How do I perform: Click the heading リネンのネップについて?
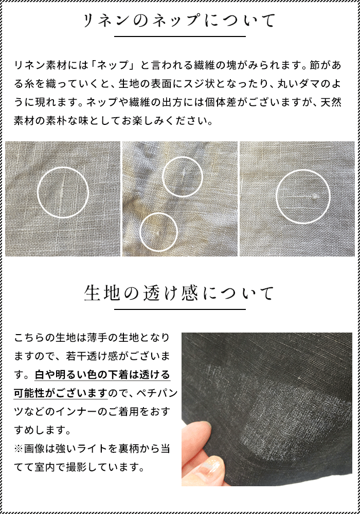click(x=179, y=21)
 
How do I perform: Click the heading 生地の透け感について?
click(x=179, y=293)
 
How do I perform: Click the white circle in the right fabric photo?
click(x=302, y=197)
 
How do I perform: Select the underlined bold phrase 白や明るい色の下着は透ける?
click(x=102, y=375)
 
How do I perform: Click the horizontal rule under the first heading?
click(x=179, y=36)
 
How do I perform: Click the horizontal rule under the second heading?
click(x=179, y=309)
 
